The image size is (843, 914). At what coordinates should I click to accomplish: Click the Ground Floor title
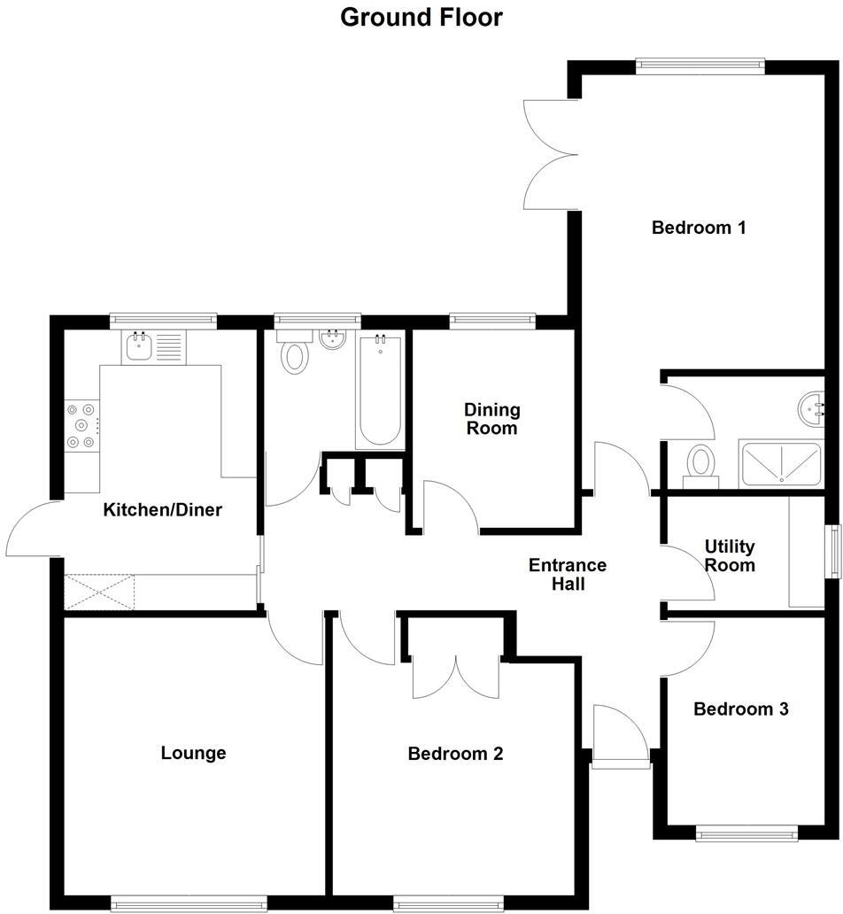[421, 17]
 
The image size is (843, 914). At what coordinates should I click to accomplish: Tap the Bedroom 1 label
[699, 228]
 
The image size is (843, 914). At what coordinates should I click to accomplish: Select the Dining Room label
[492, 419]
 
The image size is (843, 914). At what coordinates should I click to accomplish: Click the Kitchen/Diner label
[163, 510]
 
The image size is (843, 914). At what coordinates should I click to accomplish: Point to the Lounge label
[193, 754]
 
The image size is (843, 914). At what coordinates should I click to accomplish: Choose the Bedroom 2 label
[455, 755]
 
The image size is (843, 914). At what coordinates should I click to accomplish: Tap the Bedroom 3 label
[740, 709]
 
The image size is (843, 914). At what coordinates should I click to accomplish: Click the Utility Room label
[730, 556]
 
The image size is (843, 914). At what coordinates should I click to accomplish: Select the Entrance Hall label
[567, 574]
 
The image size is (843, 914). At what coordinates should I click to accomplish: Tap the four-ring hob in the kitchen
[82, 426]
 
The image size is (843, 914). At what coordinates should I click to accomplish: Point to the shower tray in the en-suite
[781, 463]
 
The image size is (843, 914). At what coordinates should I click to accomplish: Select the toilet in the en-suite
[701, 463]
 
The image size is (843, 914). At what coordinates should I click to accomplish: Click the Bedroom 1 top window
[700, 63]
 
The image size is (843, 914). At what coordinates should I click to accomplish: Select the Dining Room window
[492, 321]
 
